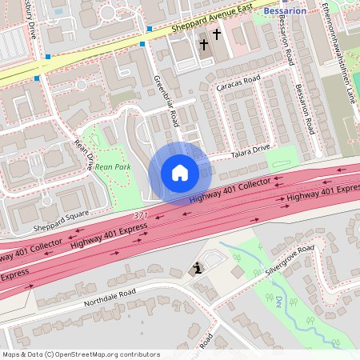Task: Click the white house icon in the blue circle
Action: pyautogui.click(x=180, y=173)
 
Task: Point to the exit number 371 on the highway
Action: pyautogui.click(x=141, y=216)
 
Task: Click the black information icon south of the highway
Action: pyautogui.click(x=197, y=270)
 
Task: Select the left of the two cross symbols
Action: pyautogui.click(x=204, y=44)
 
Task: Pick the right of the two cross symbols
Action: pyautogui.click(x=216, y=34)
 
